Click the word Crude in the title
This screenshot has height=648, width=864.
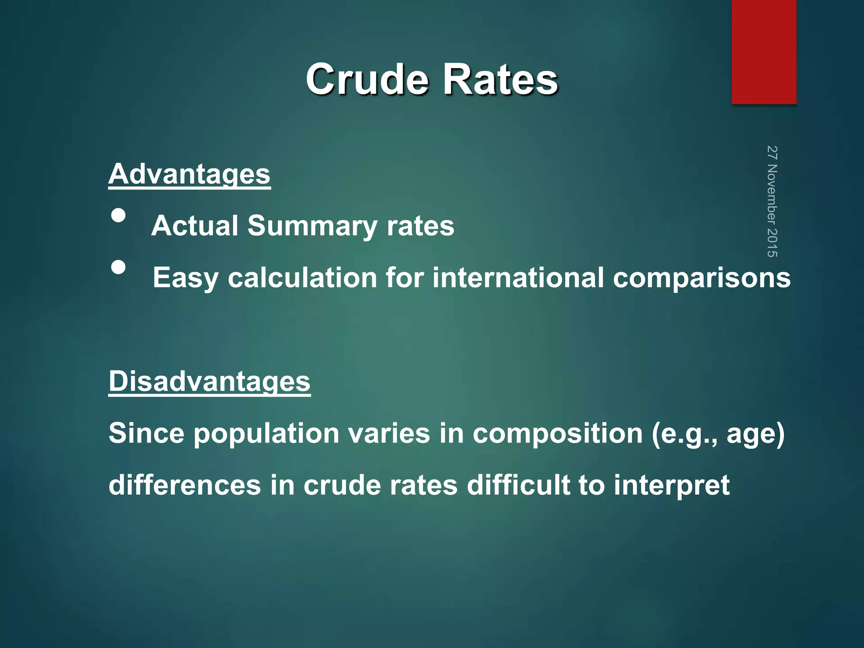point(367,79)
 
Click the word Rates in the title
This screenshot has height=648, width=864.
point(500,79)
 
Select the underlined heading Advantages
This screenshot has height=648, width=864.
point(189,174)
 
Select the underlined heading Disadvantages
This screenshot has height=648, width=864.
point(209,381)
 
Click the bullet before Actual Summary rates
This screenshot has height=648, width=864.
point(119,216)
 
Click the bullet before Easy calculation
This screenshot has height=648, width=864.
point(119,267)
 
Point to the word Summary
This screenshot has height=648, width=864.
point(312,226)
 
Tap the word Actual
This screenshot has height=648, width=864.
point(195,226)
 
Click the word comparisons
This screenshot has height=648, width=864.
point(702,278)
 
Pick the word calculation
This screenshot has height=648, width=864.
point(302,278)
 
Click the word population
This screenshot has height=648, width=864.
point(266,434)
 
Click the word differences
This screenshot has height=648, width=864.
point(185,485)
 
